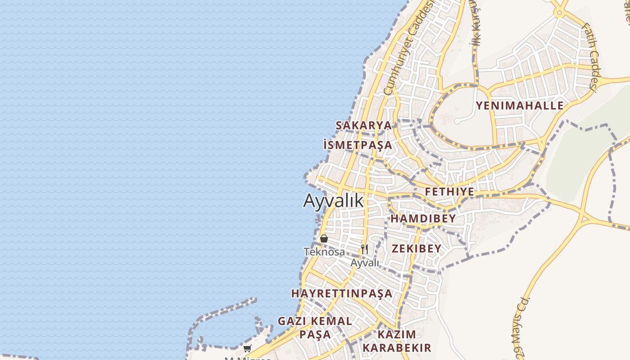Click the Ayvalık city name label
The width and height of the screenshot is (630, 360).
333,201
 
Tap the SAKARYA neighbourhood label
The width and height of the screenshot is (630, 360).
364,126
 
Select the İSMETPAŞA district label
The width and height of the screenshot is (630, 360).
358,145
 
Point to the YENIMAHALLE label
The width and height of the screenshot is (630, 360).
520,106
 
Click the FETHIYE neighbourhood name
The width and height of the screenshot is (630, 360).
450,192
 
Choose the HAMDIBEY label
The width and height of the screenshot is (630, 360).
423,219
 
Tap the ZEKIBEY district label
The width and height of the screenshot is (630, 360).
416,249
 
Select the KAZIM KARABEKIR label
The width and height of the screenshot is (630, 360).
397,341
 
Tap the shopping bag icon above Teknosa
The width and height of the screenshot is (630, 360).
324,238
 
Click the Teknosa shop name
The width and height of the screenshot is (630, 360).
324,252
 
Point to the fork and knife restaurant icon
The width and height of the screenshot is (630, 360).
364,249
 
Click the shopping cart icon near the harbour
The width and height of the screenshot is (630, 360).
247,348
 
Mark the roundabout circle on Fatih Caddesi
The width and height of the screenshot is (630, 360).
558,13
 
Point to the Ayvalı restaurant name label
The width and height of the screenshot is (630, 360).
364,263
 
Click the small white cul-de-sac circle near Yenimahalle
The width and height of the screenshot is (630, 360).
457,121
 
